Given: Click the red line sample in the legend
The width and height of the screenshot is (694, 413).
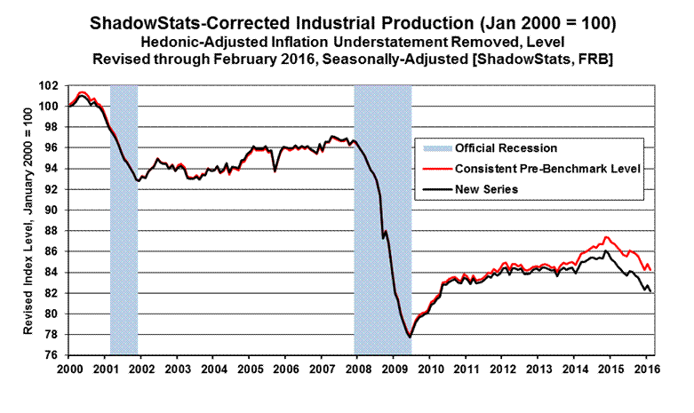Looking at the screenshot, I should [432, 168].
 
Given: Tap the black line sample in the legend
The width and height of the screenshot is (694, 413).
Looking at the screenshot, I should [432, 188].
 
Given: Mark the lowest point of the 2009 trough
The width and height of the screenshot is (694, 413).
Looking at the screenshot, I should [410, 337].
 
